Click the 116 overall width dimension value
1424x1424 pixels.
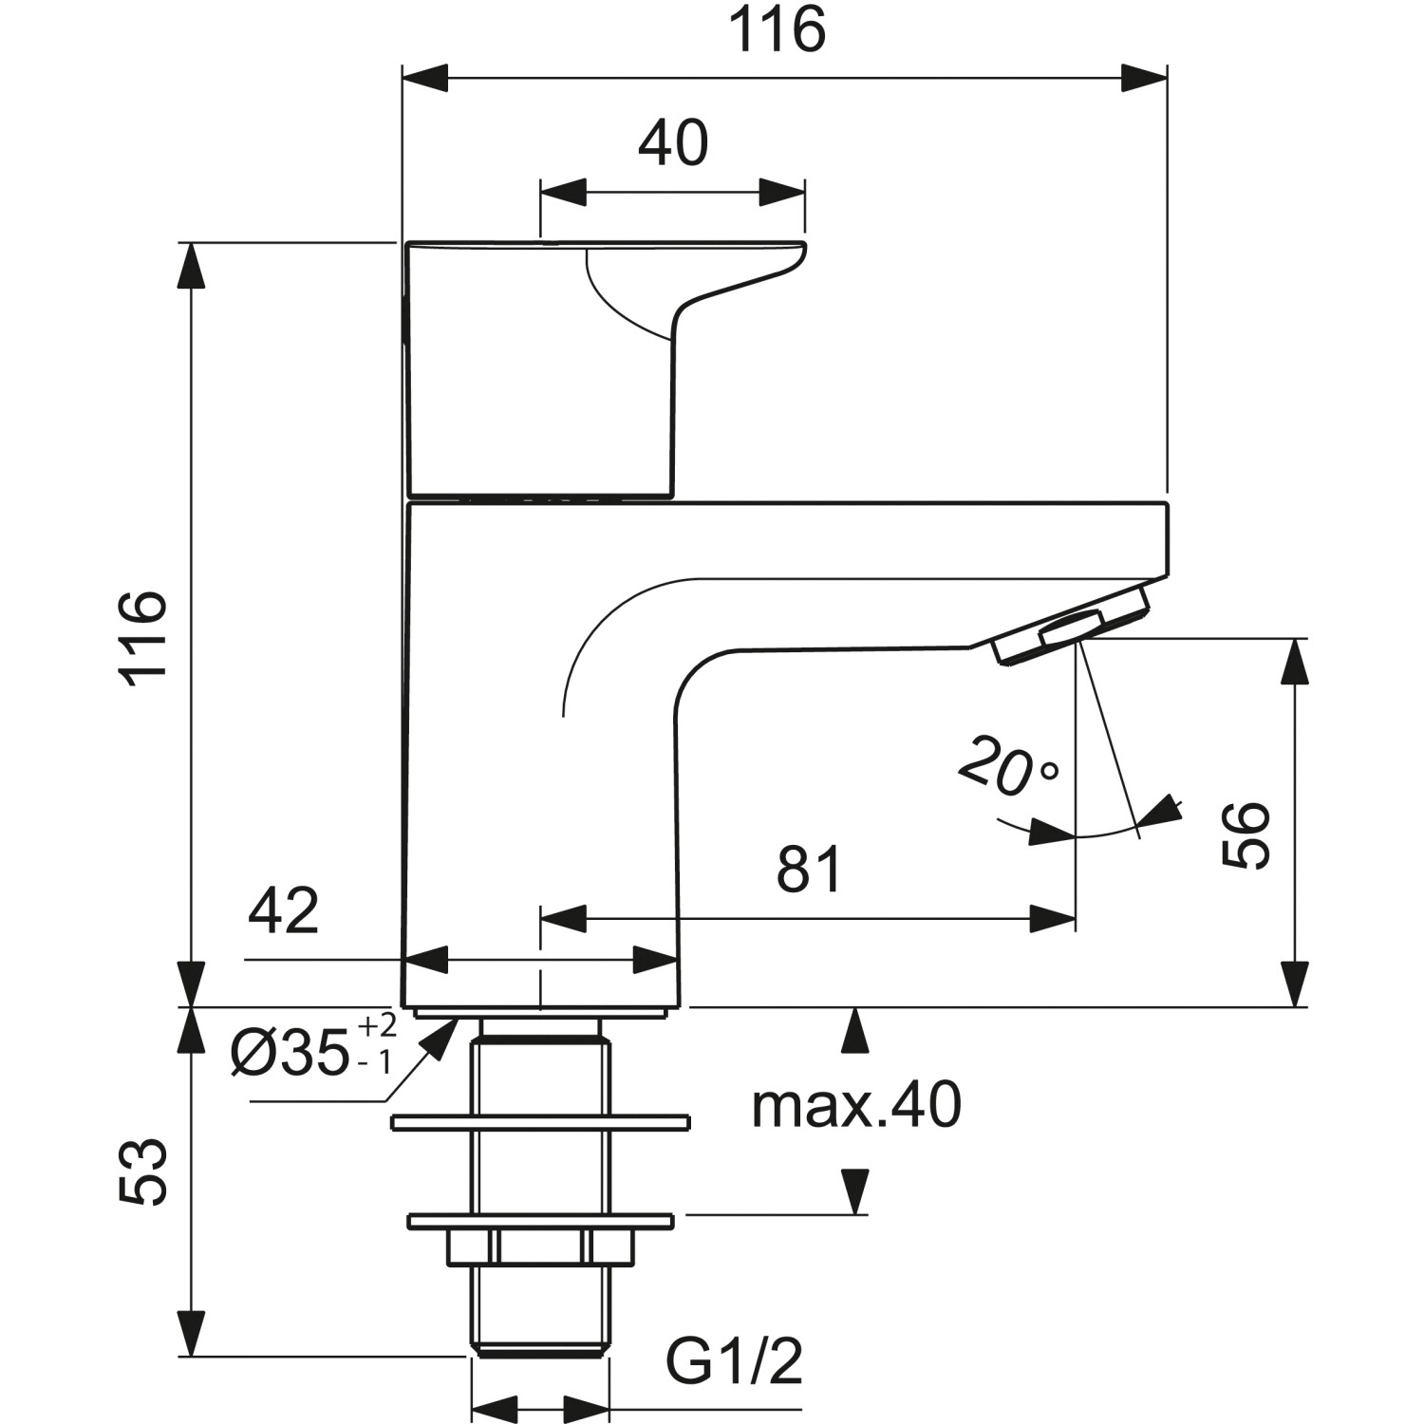[777, 30]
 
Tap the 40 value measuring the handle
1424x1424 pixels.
[673, 143]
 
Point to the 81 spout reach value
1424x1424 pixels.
[809, 869]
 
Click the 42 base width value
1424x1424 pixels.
[284, 911]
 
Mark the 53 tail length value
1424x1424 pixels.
[145, 1172]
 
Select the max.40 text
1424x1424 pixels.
[856, 1106]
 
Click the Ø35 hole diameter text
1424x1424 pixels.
[290, 1054]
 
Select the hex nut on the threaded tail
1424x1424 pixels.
[540, 1247]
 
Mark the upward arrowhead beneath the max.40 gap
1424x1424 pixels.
[855, 1030]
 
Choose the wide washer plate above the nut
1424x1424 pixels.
[540, 1123]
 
